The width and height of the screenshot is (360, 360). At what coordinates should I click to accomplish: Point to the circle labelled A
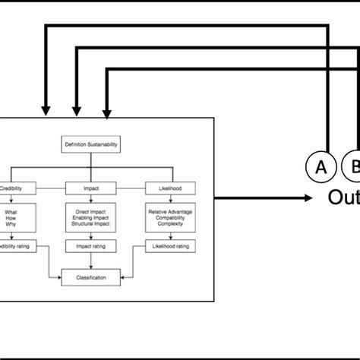(321, 168)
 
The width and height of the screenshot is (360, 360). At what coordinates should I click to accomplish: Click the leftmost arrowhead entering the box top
(46, 112)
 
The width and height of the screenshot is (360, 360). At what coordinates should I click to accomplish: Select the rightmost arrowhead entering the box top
(107, 112)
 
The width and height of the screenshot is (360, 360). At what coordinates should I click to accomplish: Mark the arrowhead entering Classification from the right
(123, 278)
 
